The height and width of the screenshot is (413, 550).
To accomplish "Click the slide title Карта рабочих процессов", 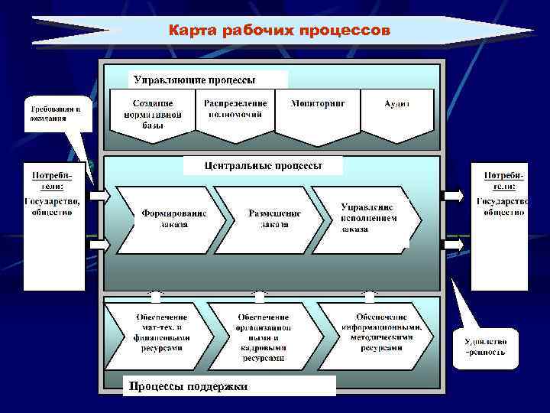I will pyautogui.click(x=279, y=31).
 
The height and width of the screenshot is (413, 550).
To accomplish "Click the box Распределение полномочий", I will pyautogui.click(x=235, y=112).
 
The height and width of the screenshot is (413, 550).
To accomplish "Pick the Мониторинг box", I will pyautogui.click(x=318, y=107).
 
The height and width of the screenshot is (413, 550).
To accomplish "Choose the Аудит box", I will pyautogui.click(x=397, y=107).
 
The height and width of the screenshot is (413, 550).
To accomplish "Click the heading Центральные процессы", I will pyautogui.click(x=264, y=165).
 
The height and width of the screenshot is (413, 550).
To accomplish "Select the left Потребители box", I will pyautogui.click(x=53, y=226).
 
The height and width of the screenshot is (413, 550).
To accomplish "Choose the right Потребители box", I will pyautogui.click(x=500, y=226).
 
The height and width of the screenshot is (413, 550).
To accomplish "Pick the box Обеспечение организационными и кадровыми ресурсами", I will pyautogui.click(x=263, y=335).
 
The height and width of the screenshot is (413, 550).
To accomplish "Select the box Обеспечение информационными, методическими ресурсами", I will pyautogui.click(x=379, y=332).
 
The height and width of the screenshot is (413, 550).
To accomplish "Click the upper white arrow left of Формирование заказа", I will pyautogui.click(x=100, y=197).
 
